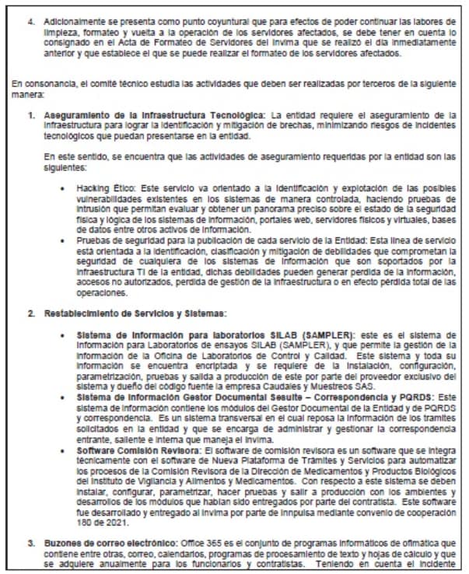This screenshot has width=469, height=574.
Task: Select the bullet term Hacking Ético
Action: [100, 189]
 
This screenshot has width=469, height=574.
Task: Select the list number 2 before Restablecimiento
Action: [30, 313]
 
